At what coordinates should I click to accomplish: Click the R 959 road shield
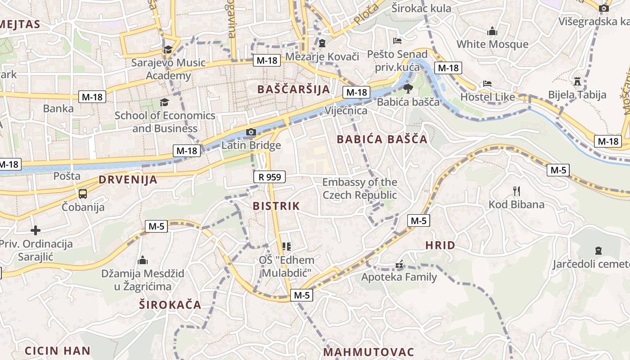pos(270,177)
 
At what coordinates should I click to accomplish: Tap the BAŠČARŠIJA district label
pos(294,89)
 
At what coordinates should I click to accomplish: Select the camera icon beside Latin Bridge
pos(251,132)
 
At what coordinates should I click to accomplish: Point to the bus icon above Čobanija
pos(83,194)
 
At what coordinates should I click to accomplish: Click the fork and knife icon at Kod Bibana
pos(517,191)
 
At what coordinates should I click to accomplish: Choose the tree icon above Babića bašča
pos(408,89)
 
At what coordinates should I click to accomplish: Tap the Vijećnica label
pos(346,111)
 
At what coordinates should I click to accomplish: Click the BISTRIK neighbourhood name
pos(276,206)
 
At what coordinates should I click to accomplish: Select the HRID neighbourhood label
pos(440,245)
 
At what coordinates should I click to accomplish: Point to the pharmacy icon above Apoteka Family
pos(399,265)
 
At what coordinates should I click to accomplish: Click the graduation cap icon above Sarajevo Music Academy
pos(168,50)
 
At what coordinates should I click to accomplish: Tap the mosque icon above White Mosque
pos(492,31)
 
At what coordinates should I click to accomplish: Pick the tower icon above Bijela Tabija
pos(577,81)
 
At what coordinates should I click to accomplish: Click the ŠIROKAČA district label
pos(170,305)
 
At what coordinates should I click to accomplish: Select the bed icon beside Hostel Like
pos(487,84)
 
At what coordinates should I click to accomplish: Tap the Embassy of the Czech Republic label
pos(360,189)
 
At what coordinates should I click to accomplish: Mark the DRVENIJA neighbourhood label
pos(128,180)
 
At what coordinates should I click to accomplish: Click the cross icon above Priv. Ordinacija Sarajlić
pos(36,231)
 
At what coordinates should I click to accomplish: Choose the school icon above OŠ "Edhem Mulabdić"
pos(286,246)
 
